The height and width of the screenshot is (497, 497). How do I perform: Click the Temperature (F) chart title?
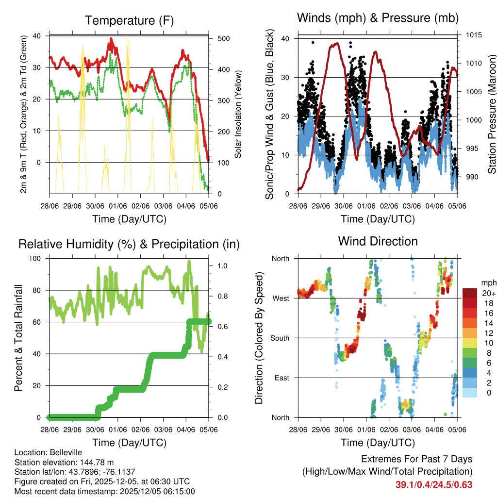tap(129, 20)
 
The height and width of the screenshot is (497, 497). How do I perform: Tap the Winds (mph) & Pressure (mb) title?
tap(378, 18)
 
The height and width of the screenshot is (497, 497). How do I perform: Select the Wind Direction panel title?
tap(378, 241)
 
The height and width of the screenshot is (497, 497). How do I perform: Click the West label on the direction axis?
tap(280, 298)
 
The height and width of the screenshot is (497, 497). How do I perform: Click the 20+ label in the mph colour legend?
tap(489, 293)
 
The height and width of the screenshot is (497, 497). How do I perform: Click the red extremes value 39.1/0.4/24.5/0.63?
tap(434, 485)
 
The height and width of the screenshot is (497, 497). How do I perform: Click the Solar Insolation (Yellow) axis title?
tap(238, 114)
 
